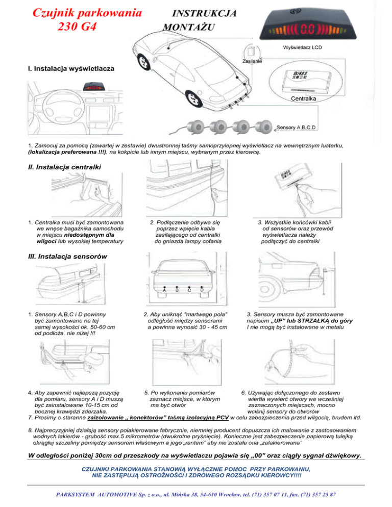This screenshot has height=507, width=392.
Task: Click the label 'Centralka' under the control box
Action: coord(304,97)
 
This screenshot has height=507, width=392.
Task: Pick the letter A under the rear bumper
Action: coord(164,290)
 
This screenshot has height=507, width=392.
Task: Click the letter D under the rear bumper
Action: coord(202,290)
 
